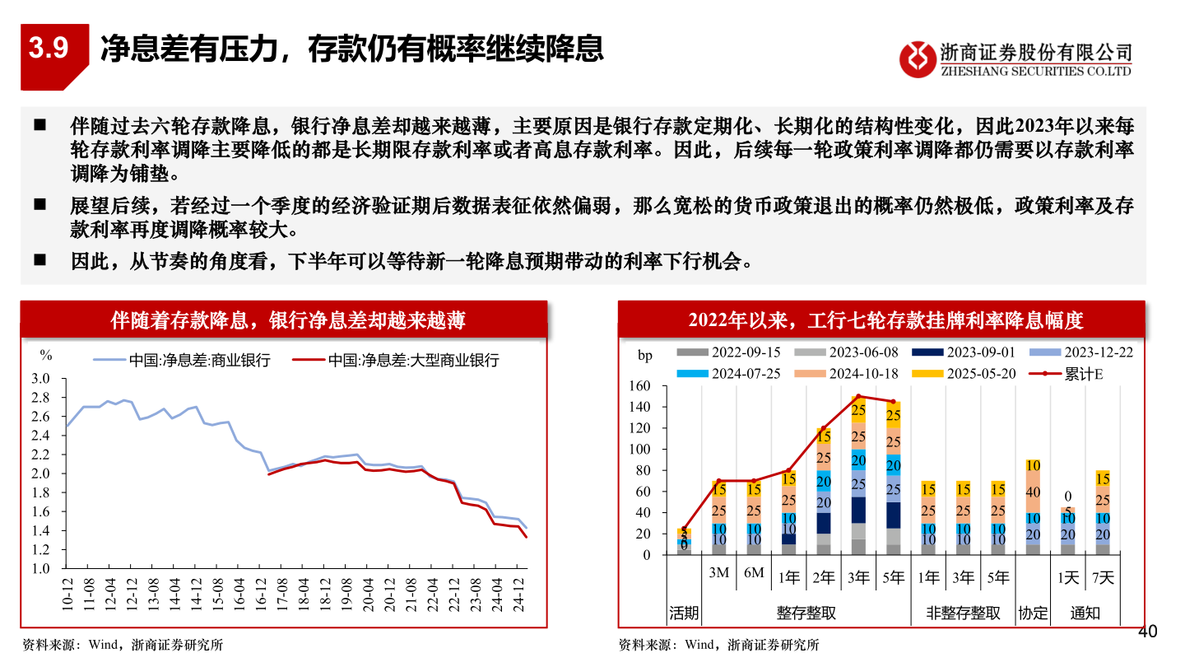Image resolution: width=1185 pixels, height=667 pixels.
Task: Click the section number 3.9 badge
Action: (x=49, y=49)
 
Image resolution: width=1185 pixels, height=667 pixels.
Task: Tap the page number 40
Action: (x=1147, y=632)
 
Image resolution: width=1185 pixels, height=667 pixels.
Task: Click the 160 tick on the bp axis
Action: (x=639, y=386)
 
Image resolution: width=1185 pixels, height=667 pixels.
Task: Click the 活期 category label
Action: (x=683, y=613)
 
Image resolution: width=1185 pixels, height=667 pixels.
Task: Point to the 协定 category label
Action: (x=1033, y=613)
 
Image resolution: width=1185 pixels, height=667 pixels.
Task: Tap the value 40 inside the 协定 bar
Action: (x=1033, y=492)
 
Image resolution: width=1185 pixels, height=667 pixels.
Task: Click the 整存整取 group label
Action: (x=806, y=613)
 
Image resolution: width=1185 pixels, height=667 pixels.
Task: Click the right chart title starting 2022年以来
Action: (x=881, y=320)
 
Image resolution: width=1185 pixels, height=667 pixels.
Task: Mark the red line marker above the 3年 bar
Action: (x=858, y=397)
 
